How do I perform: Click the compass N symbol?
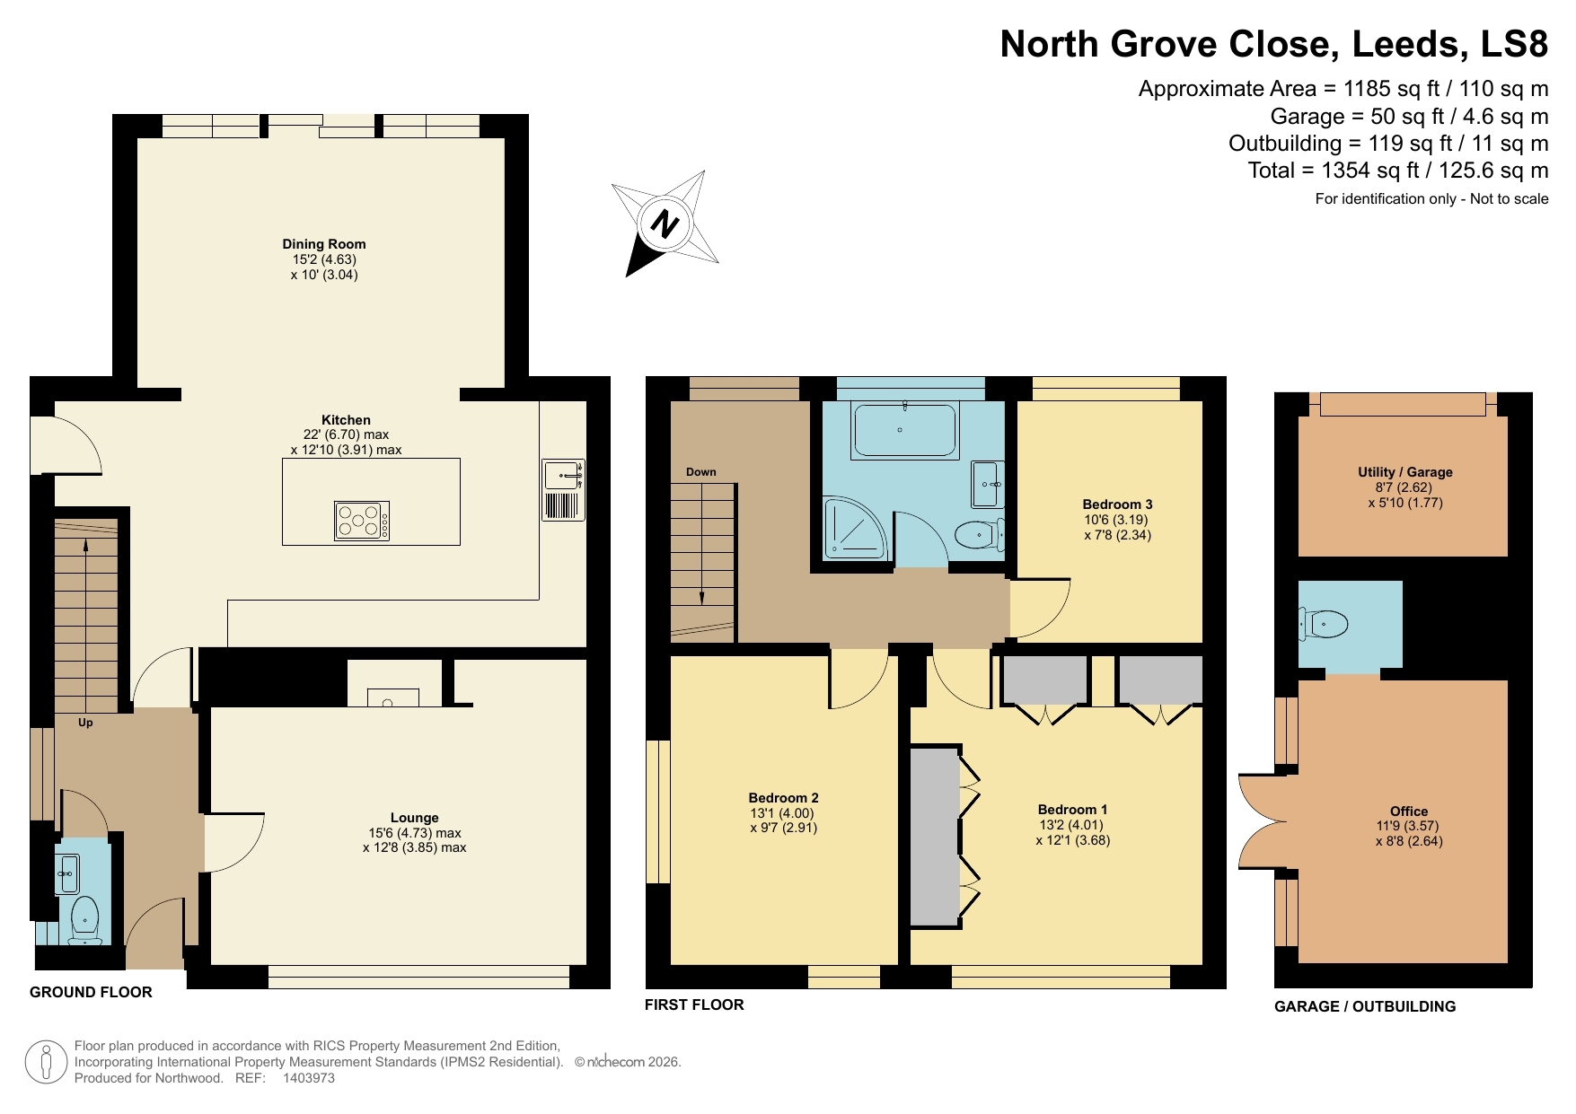tap(665, 223)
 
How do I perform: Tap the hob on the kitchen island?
tap(362, 521)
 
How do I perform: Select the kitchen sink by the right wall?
tap(563, 476)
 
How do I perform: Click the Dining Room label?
tap(324, 244)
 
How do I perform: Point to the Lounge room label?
tap(414, 818)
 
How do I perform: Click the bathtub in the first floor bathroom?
tap(904, 431)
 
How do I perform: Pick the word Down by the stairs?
tap(701, 472)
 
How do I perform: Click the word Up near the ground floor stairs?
tap(85, 723)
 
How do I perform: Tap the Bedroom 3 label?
tap(1117, 504)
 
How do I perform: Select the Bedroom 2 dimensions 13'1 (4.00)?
tap(783, 813)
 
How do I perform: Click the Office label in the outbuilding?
tap(1408, 811)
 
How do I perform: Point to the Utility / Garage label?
tap(1404, 472)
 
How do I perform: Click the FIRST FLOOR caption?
tap(694, 1005)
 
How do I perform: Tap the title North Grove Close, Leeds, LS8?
tap(1273, 44)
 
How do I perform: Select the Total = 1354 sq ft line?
tap(1397, 171)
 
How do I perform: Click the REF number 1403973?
tap(309, 1078)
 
